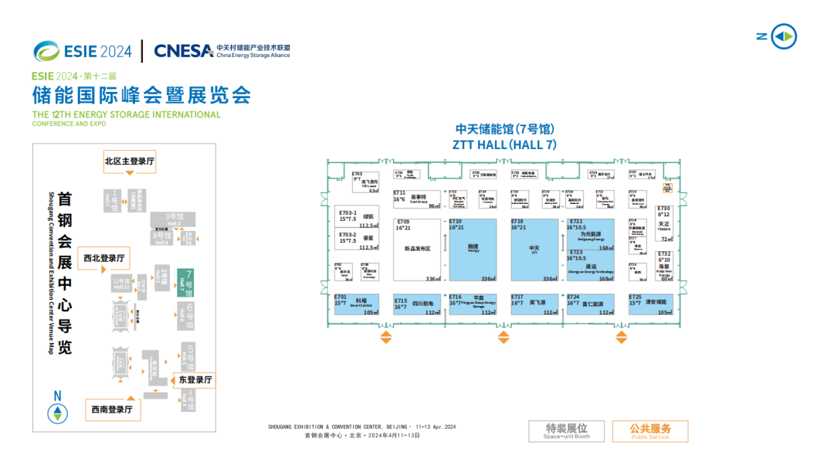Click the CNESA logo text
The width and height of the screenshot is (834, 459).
click(x=184, y=51)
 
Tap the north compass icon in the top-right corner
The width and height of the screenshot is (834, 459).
click(x=783, y=36)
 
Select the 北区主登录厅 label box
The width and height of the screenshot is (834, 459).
click(x=130, y=161)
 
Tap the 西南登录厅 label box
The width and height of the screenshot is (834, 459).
click(x=113, y=410)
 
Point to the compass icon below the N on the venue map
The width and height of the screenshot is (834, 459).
click(x=56, y=413)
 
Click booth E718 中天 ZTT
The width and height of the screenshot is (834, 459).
click(x=534, y=250)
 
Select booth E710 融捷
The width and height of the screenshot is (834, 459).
click(x=473, y=250)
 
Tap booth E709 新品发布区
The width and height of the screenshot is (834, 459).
click(x=416, y=250)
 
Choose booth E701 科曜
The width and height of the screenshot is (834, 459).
click(x=358, y=304)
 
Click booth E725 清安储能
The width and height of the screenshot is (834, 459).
click(x=650, y=304)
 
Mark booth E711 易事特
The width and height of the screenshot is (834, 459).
click(x=416, y=199)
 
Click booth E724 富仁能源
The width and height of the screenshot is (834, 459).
click(x=591, y=304)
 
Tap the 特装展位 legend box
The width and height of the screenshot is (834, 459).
click(x=566, y=430)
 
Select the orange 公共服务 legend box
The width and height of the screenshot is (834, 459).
click(x=649, y=430)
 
